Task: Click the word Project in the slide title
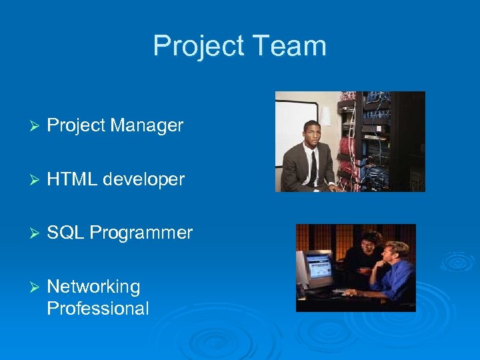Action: [x=194, y=46]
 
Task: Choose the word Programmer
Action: [x=141, y=233]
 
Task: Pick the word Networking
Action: [x=93, y=287]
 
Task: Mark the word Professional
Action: [x=98, y=309]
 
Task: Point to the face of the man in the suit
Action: [x=312, y=135]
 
